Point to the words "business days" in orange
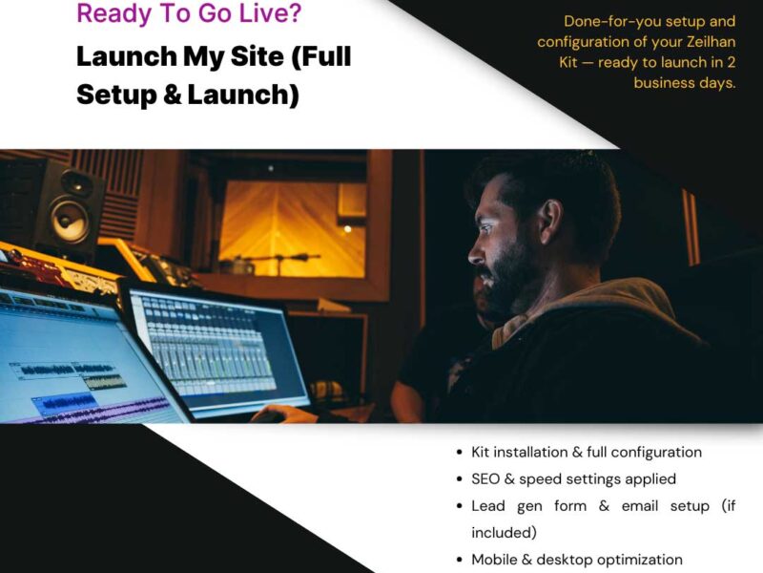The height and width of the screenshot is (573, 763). (x=685, y=83)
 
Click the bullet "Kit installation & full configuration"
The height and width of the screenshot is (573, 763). (x=586, y=452)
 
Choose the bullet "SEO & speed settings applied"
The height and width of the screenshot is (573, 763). (x=573, y=478)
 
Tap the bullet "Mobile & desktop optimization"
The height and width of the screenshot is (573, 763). (x=576, y=560)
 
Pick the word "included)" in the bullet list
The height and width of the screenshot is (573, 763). (x=504, y=532)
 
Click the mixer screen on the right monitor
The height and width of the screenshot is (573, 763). (x=215, y=349)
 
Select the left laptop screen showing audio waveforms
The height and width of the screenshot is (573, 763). (x=76, y=363)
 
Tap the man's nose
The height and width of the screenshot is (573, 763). (x=475, y=250)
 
